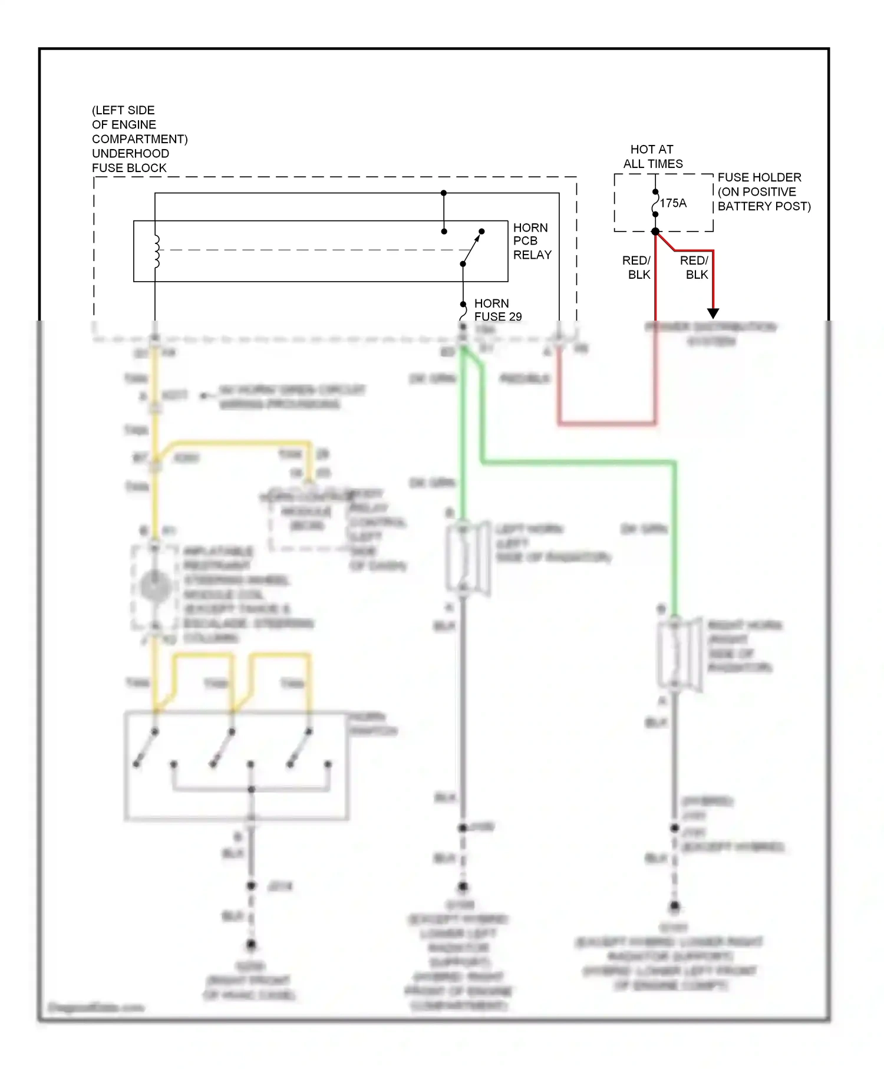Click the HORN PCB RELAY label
532,241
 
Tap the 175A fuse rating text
673,203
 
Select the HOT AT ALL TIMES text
652,157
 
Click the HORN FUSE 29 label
497,310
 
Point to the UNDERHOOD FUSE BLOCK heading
139,139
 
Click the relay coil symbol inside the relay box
157,252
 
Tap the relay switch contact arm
471,248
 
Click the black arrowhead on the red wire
713,313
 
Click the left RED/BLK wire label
637,268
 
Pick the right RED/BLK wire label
695,268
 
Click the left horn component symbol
466,557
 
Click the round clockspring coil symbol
156,587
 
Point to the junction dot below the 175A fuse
655,232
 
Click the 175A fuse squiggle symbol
655,203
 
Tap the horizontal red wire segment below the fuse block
607,423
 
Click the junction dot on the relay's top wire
444,193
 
